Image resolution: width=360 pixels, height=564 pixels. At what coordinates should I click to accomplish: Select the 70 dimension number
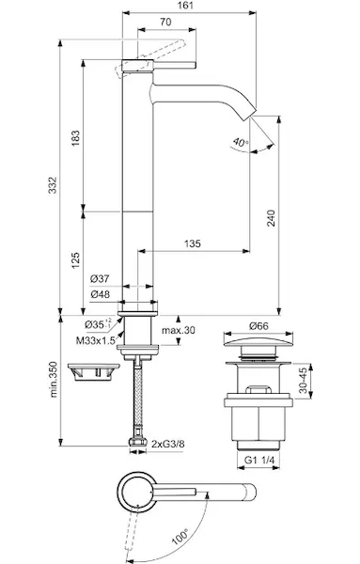coord(165,22)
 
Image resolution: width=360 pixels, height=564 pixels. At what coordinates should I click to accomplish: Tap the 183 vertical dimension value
coord(75,138)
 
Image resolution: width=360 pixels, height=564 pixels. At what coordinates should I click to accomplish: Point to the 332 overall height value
coord(53,185)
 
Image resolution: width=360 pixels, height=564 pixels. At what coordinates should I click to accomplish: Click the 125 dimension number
coord(75,260)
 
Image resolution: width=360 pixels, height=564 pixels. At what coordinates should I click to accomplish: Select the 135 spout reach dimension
coord(193,243)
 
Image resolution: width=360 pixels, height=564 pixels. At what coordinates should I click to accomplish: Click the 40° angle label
coord(241,142)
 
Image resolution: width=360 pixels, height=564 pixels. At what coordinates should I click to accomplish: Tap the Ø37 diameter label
coord(100,278)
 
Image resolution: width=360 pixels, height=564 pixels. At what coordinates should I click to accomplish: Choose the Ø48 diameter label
coord(101,294)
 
